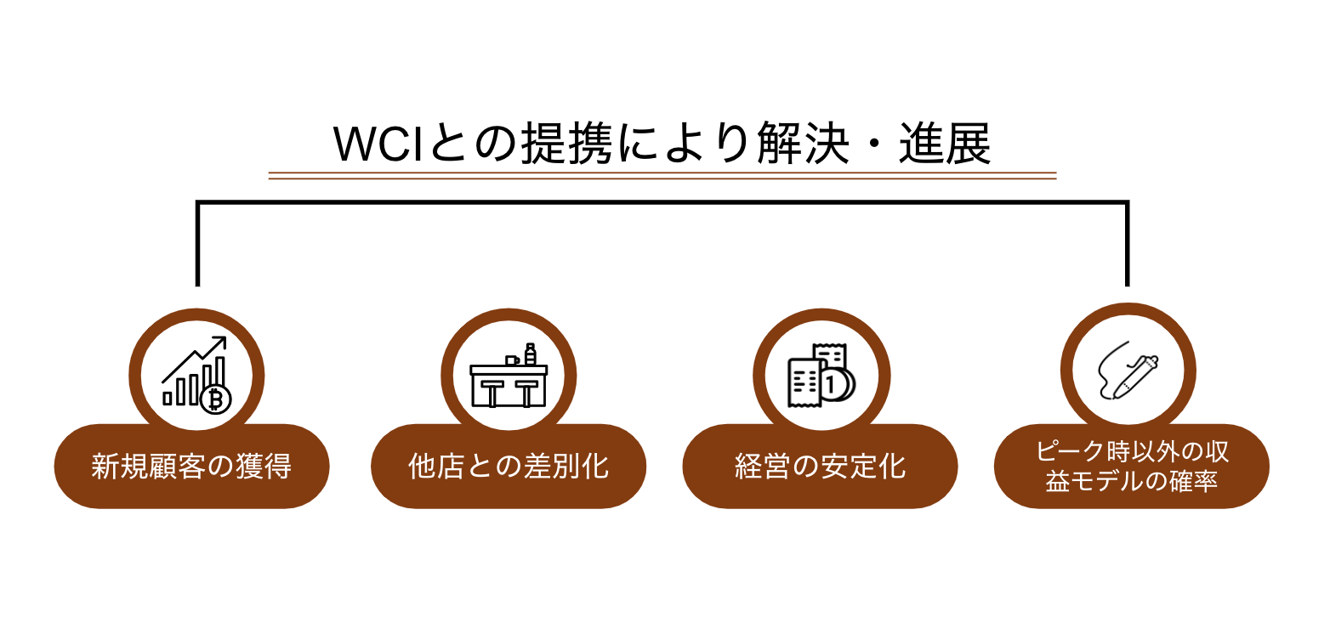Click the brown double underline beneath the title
click(662, 176)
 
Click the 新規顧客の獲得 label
click(191, 467)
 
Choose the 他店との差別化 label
click(509, 467)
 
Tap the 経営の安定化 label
click(820, 467)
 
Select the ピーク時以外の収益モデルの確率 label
click(1132, 467)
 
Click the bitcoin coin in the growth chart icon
click(216, 398)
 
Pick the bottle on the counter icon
click(531, 354)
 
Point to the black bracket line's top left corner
click(197, 202)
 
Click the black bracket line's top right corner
click(1128, 202)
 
